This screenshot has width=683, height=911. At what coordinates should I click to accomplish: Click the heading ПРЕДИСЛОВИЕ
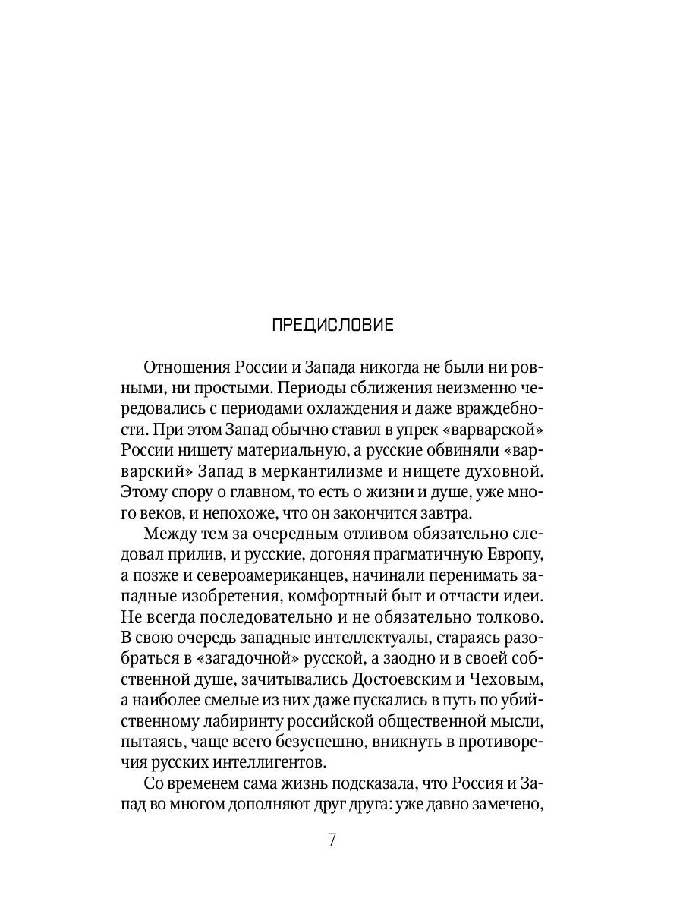(332, 326)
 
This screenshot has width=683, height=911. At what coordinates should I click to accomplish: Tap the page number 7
(332, 841)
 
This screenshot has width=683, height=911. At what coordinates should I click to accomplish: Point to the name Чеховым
(503, 682)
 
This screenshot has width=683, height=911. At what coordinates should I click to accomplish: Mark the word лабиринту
(229, 723)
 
